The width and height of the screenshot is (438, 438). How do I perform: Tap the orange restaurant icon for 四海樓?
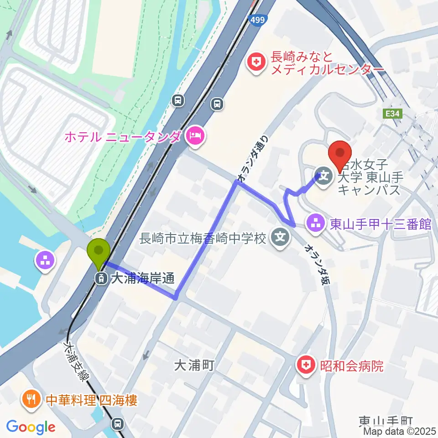click(31, 400)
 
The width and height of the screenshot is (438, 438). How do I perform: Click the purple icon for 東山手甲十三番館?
click(315, 224)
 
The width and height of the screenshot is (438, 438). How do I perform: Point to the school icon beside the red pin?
click(325, 174)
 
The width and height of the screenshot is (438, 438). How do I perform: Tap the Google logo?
click(31, 427)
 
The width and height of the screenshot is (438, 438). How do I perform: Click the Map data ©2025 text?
click(399, 431)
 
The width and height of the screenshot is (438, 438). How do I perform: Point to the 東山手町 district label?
click(386, 421)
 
